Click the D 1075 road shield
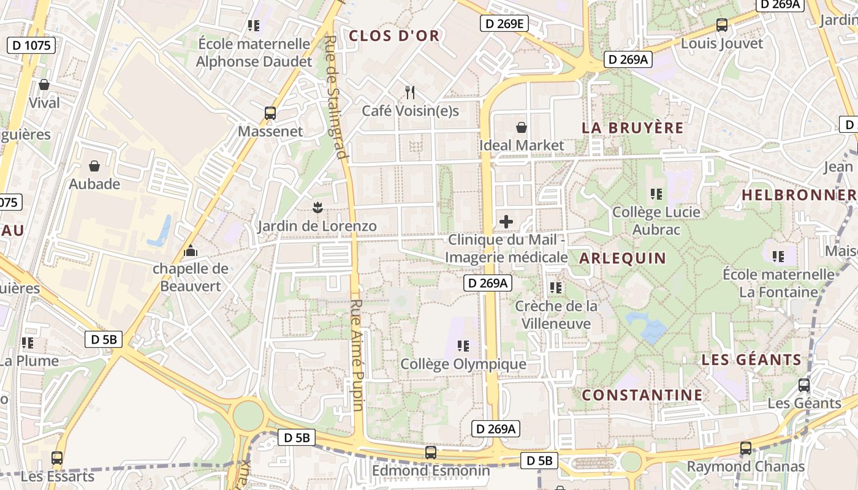[x=32, y=45]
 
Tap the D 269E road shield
[x=504, y=24]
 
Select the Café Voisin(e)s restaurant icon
[x=410, y=92]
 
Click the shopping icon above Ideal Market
[x=521, y=127]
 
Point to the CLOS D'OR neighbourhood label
[x=394, y=36]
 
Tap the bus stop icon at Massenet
[x=270, y=113]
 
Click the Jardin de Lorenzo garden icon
[x=317, y=207]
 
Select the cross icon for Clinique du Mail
[x=506, y=221]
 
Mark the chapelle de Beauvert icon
[x=191, y=251]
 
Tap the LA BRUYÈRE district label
[x=632, y=128]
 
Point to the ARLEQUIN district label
[x=622, y=258]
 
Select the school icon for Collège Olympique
[x=463, y=346]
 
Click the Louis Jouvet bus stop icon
[x=722, y=25]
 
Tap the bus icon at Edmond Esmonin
[x=431, y=453]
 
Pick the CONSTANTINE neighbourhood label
[x=642, y=395]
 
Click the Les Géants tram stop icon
[x=804, y=385]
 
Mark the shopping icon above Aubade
[x=94, y=166]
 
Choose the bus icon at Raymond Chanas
[x=745, y=448]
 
